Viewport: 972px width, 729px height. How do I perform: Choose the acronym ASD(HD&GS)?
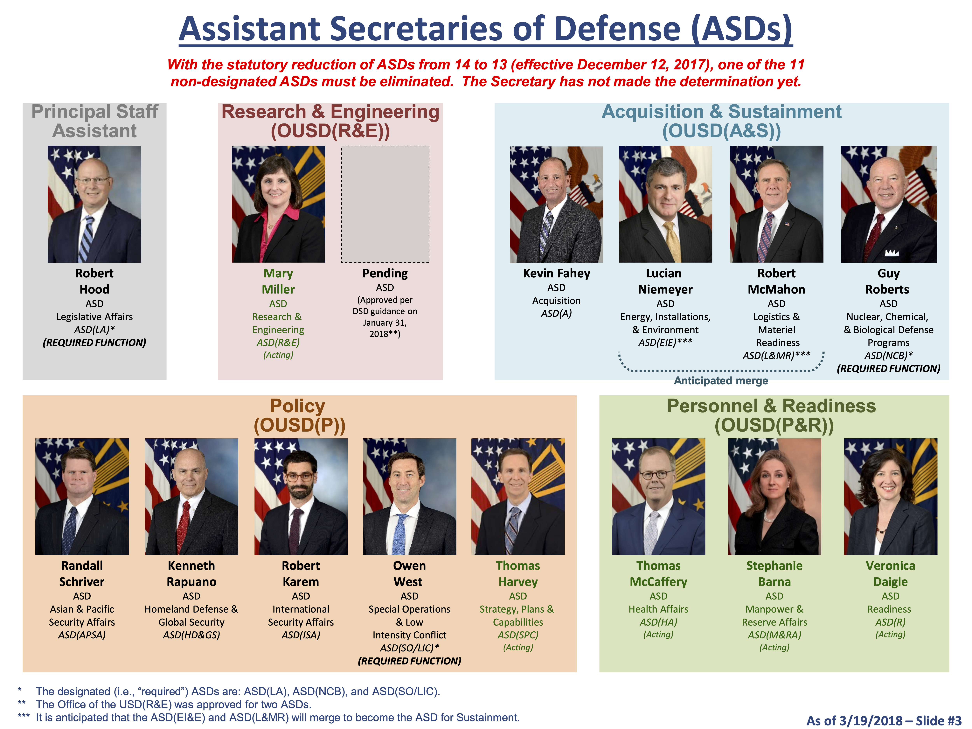192,635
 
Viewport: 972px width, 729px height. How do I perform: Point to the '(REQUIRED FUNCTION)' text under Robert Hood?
94,343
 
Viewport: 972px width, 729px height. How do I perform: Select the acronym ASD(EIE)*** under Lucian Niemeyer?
665,343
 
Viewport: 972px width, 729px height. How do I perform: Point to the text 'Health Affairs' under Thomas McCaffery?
658,609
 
